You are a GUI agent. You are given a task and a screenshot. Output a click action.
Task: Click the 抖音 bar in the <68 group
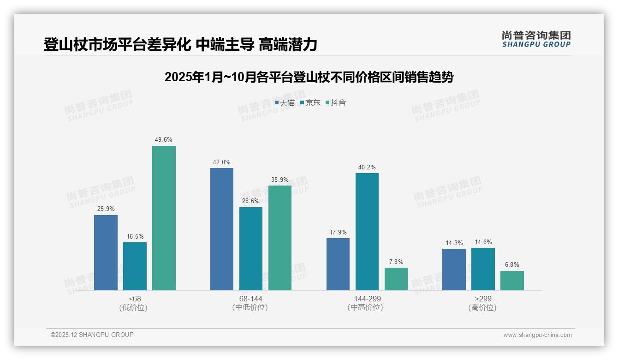164,218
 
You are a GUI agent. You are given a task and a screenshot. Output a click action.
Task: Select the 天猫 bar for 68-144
222,229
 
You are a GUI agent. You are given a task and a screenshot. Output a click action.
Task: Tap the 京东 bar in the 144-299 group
367,232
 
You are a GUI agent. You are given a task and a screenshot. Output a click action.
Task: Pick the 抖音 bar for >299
512,281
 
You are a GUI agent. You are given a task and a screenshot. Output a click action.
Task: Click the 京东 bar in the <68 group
135,266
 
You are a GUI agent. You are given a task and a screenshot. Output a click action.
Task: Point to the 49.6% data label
164,140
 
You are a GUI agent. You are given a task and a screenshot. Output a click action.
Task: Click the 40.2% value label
367,167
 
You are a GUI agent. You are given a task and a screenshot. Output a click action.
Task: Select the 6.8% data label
512,265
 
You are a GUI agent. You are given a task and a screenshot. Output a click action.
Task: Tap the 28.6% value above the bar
251,201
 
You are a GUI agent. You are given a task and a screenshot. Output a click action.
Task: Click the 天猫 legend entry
285,103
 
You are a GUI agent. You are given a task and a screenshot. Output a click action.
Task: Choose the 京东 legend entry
310,103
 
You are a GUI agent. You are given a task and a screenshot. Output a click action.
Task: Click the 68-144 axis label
250,299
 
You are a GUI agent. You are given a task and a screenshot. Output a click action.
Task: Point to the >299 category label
482,299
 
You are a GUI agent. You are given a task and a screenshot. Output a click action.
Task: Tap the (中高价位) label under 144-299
367,307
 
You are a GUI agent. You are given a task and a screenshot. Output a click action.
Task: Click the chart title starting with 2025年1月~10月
309,77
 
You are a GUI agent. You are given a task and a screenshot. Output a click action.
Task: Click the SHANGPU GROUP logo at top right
536,39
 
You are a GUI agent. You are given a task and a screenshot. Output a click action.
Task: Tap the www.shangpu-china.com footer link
537,335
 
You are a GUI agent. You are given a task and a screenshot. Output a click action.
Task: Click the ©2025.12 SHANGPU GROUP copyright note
92,335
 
